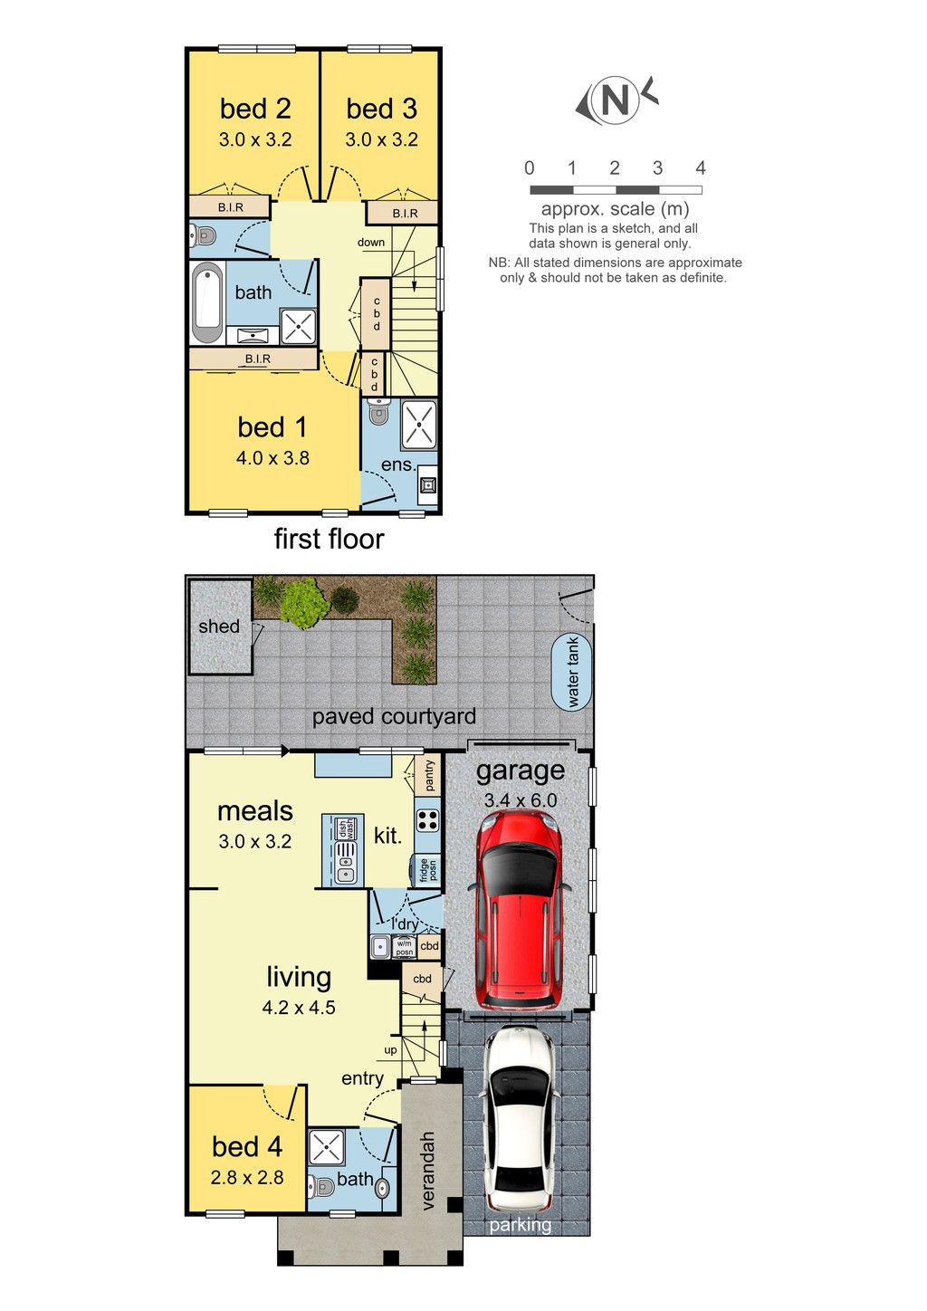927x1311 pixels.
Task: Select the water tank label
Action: tap(572, 673)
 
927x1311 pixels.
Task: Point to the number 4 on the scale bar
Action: tap(701, 168)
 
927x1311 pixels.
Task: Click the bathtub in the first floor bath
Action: tap(207, 303)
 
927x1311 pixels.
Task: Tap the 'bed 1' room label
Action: tap(272, 427)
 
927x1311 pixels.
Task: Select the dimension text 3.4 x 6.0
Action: tap(521, 800)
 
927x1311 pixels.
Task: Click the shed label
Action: tap(219, 627)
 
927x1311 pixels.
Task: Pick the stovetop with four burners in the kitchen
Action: tap(428, 820)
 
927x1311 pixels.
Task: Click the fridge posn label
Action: tap(428, 870)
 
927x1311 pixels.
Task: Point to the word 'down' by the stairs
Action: tap(371, 243)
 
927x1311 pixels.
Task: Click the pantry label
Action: tap(430, 776)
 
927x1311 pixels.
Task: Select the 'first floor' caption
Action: tap(329, 539)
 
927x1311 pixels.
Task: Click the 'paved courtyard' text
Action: tap(394, 716)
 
